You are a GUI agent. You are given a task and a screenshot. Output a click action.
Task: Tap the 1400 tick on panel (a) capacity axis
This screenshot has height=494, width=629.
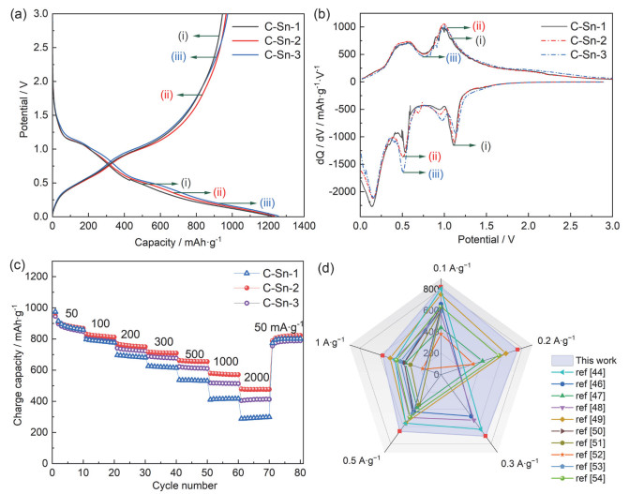coord(304,226)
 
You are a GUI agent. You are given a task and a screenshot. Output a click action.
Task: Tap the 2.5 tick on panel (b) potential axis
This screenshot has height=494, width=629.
coord(570,226)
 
